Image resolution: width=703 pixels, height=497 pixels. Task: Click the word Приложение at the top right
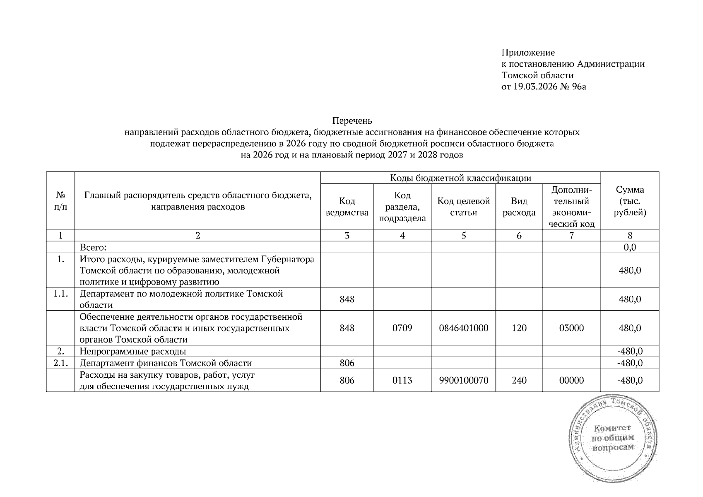pyautogui.click(x=528, y=53)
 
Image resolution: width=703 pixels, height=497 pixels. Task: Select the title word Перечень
pyautogui.click(x=352, y=121)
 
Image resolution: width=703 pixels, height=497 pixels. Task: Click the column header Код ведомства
pyautogui.click(x=347, y=207)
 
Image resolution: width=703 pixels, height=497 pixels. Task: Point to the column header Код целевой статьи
pyautogui.click(x=464, y=207)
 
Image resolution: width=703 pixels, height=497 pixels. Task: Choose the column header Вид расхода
pyautogui.click(x=519, y=207)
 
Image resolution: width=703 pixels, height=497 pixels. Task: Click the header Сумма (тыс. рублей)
pyautogui.click(x=630, y=201)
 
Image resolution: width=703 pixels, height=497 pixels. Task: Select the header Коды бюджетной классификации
pyautogui.click(x=460, y=178)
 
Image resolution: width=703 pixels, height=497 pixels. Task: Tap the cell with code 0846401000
pyautogui.click(x=464, y=328)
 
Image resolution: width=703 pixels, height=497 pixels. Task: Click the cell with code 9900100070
pyautogui.click(x=464, y=380)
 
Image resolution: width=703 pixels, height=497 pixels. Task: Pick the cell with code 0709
pyautogui.click(x=402, y=328)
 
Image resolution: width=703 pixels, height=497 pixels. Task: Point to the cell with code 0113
pyautogui.click(x=402, y=380)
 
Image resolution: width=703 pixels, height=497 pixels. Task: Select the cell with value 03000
pyautogui.click(x=571, y=328)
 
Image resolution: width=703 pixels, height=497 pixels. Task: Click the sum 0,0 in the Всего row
pyautogui.click(x=630, y=247)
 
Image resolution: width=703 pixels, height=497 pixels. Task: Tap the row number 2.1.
pyautogui.click(x=60, y=363)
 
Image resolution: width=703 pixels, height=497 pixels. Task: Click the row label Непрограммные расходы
pyautogui.click(x=133, y=352)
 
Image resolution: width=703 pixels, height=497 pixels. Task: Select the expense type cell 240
pyautogui.click(x=519, y=380)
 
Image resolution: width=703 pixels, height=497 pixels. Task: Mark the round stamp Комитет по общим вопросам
pyautogui.click(x=613, y=439)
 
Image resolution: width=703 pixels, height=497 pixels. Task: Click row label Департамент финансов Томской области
pyautogui.click(x=166, y=363)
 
